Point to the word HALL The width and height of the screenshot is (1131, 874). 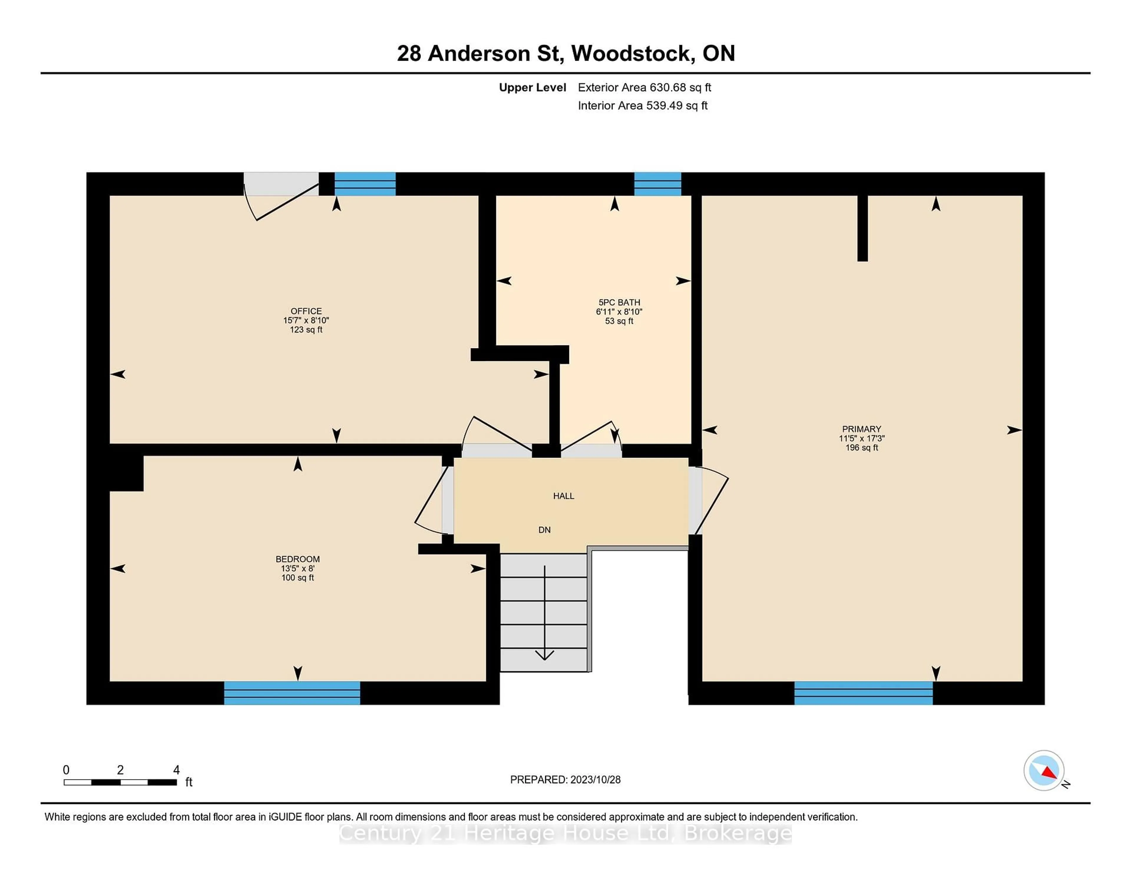(x=563, y=496)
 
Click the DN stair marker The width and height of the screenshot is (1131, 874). (x=544, y=530)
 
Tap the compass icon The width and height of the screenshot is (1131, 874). (x=1044, y=770)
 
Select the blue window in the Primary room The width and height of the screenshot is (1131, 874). (x=863, y=693)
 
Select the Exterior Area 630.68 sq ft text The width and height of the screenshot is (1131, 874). (x=644, y=87)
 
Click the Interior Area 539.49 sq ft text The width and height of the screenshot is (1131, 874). (x=642, y=106)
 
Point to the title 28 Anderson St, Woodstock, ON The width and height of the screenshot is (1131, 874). (x=565, y=53)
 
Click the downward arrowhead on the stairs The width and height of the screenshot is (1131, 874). (x=544, y=655)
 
